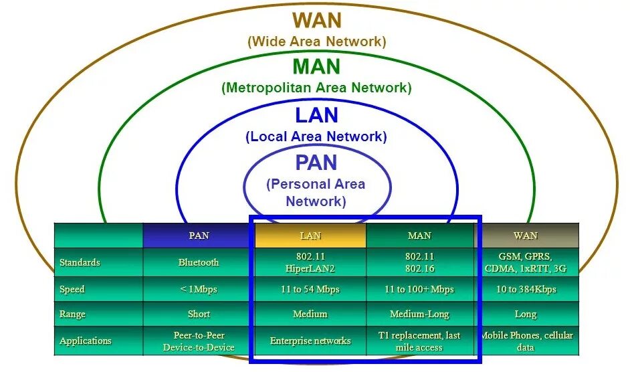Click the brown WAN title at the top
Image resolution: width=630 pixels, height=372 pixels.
coord(316,20)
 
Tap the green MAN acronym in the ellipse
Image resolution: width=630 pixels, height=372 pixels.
coord(316,66)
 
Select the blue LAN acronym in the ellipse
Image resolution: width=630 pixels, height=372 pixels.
coord(316,115)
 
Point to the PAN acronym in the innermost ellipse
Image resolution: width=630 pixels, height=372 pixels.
coord(316,163)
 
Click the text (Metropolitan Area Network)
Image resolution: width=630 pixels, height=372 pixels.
coord(316,88)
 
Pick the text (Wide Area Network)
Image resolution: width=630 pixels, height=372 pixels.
coord(316,41)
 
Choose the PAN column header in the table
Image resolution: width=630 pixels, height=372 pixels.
coord(199,236)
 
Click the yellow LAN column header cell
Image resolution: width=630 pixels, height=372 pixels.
coord(310,236)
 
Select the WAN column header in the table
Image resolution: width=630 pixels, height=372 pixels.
coord(526,236)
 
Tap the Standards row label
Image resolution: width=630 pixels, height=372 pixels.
coord(80,262)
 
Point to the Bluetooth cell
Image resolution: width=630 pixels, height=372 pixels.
coord(199,262)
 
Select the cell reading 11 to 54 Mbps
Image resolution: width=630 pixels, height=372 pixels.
coord(310,289)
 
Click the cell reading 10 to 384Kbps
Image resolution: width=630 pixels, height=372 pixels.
coord(526,289)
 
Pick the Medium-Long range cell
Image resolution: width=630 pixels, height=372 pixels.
coord(419,314)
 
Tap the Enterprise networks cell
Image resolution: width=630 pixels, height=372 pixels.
coord(310,341)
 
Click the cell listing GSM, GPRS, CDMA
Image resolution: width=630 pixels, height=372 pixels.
coord(526,262)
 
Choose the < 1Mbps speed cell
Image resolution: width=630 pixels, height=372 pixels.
coord(199,289)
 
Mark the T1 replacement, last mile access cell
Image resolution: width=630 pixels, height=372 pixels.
coord(419,341)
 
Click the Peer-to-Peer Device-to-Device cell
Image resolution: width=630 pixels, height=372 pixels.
coord(199,341)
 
